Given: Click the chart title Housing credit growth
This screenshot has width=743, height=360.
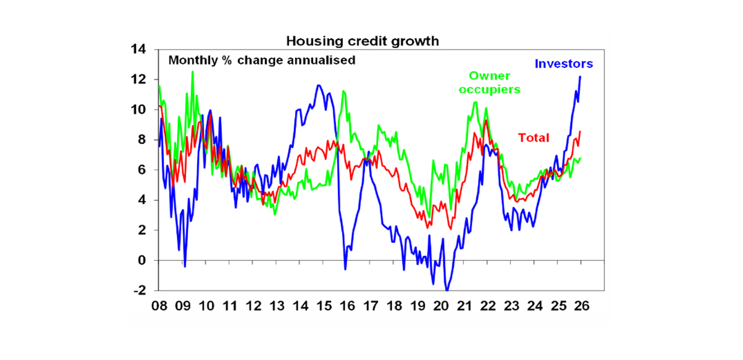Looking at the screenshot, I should (x=362, y=41).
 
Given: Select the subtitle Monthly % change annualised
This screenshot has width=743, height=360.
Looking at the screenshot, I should (x=262, y=60).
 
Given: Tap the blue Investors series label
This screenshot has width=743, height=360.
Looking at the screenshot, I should (x=564, y=63).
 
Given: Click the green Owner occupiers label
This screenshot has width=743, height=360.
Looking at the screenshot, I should (x=490, y=83).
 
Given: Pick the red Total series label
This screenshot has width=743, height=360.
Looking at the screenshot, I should (x=534, y=138).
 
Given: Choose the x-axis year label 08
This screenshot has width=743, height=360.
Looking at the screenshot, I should (x=159, y=306).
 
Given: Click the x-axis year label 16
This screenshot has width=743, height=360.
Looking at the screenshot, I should (x=347, y=306).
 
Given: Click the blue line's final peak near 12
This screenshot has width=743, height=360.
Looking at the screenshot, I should (x=580, y=76).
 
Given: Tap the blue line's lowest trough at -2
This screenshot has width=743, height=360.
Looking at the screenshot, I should (x=447, y=290).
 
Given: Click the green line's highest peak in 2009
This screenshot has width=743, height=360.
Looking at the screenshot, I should (x=193, y=72).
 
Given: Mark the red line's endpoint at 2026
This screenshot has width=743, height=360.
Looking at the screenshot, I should (x=580, y=131).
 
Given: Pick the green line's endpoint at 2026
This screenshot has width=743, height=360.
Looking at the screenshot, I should (x=580, y=158).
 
